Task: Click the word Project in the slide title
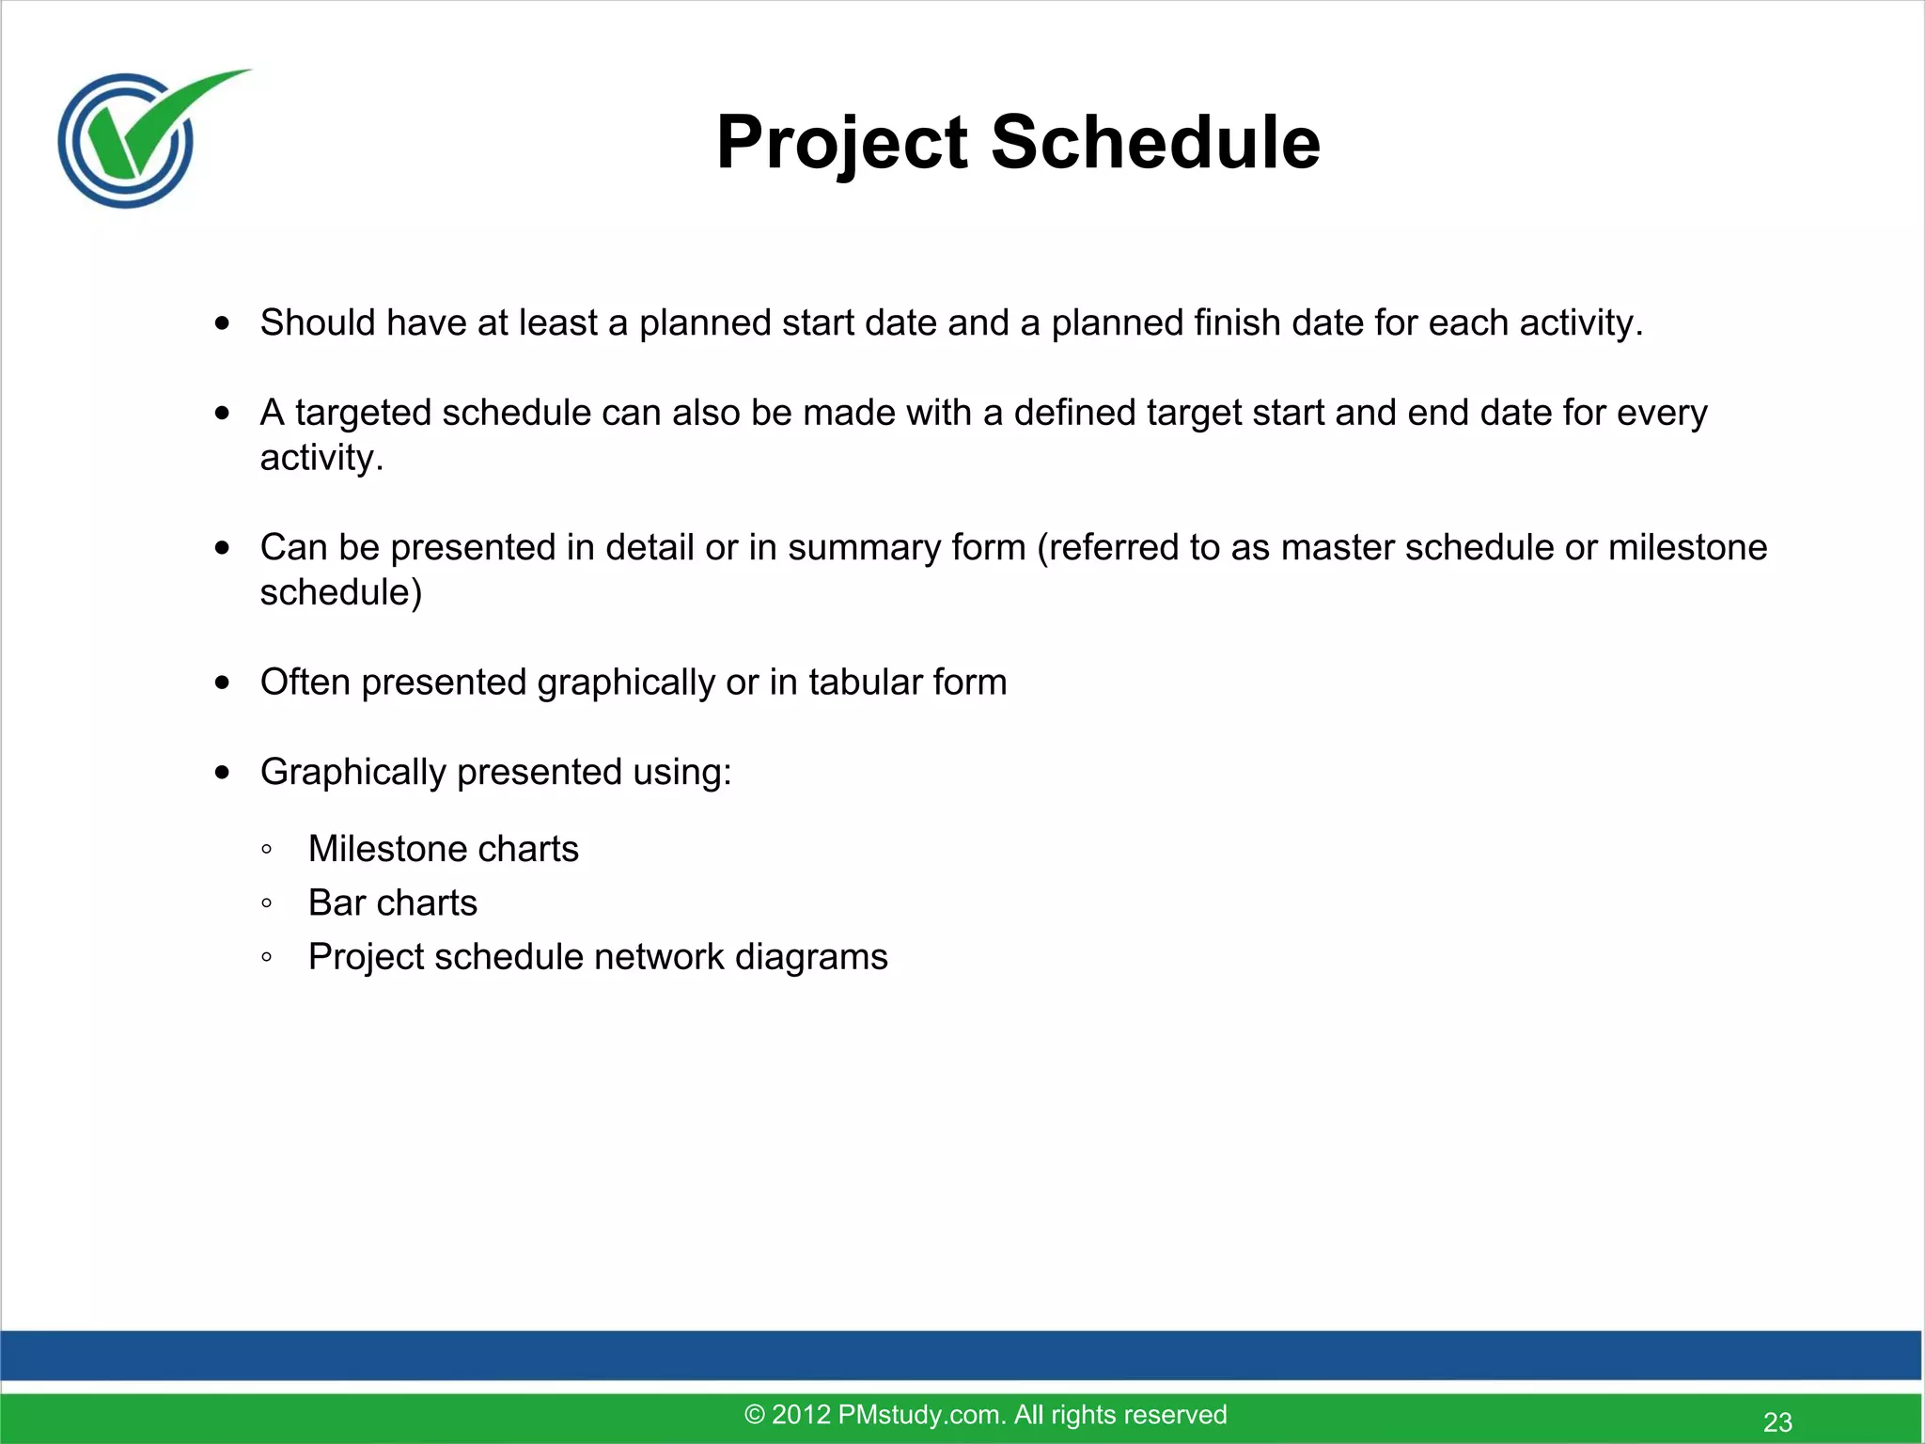coord(841,143)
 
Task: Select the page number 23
coord(1777,1421)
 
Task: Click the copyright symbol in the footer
coord(755,1415)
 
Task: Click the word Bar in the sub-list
coord(336,902)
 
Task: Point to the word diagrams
coord(811,957)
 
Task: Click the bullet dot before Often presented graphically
coord(222,683)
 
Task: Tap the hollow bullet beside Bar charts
coord(267,903)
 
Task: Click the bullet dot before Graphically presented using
coord(222,773)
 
